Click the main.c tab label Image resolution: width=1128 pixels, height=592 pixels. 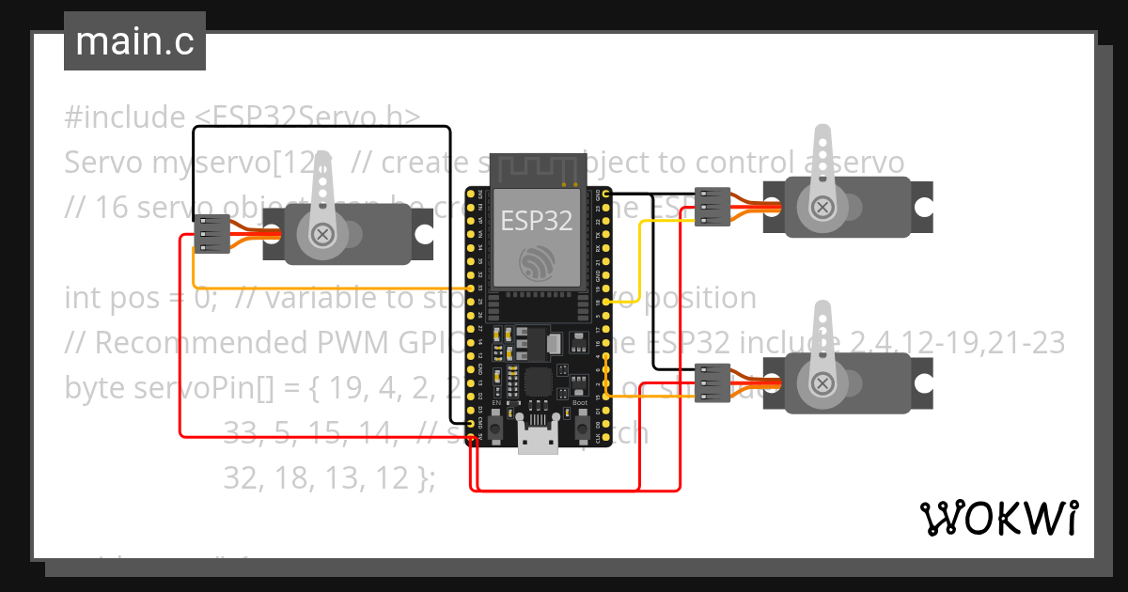point(134,42)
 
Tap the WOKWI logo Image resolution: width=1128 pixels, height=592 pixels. point(998,518)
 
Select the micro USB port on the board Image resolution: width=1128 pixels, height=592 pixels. point(537,437)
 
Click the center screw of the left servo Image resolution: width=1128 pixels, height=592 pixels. point(323,234)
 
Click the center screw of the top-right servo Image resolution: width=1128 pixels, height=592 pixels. point(822,207)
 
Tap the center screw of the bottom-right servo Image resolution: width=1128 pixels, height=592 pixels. point(822,382)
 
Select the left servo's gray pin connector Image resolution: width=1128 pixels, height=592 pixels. point(211,234)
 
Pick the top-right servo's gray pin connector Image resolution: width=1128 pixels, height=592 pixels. point(712,207)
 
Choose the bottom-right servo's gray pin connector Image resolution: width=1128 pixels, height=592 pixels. point(712,382)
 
